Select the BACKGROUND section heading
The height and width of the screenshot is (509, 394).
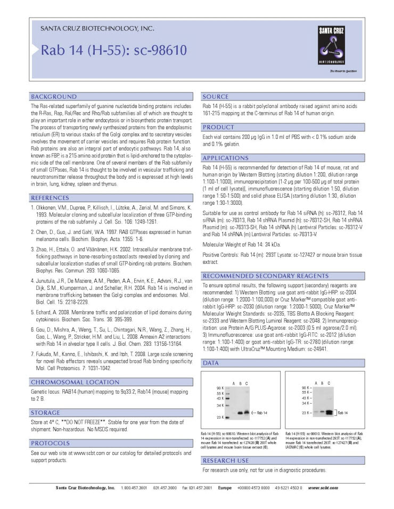tap(54, 97)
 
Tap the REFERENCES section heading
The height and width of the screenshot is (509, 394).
tap(53, 198)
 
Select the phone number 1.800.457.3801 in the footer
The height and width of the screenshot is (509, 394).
tap(133, 488)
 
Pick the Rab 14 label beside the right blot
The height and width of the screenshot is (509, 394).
tap(342, 412)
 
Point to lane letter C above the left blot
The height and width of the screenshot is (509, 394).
tap(247, 383)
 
